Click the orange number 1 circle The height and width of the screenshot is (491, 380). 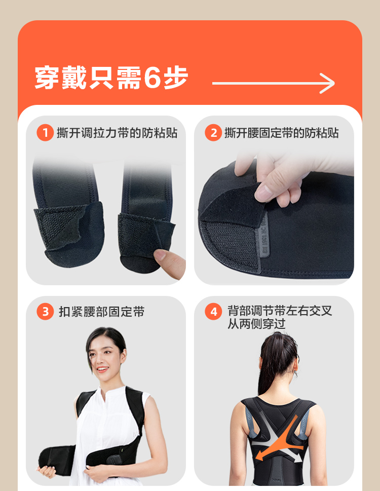point(45,133)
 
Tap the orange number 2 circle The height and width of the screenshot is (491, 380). point(213,133)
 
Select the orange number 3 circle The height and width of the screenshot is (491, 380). point(46,312)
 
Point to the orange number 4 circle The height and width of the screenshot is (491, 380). point(213,312)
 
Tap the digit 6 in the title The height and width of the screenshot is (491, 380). point(152,78)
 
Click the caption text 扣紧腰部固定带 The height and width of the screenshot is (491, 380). point(102,312)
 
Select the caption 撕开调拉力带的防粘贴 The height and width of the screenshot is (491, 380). point(117,133)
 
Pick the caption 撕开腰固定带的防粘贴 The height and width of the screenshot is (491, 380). point(282,133)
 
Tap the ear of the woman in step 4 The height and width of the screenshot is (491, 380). point(296,368)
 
